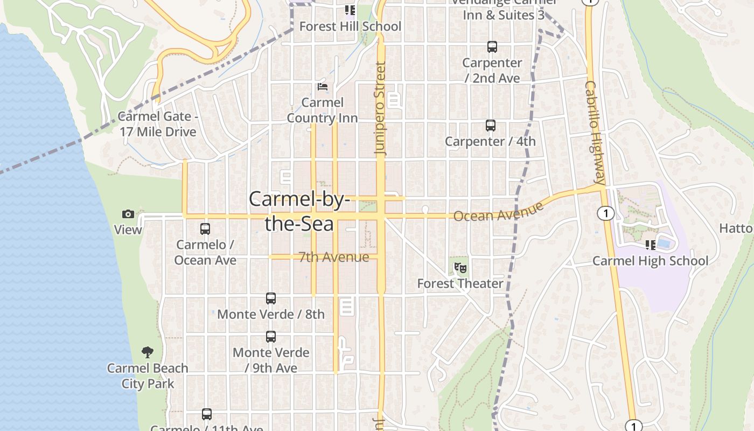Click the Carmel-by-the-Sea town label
click(299, 211)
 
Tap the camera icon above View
click(128, 214)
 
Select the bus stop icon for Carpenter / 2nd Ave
click(492, 47)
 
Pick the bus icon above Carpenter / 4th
click(491, 126)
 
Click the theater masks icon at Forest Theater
click(460, 267)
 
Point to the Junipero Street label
click(381, 109)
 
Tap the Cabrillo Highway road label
click(596, 133)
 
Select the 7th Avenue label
click(334, 257)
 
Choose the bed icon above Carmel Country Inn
click(323, 86)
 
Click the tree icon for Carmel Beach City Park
click(148, 353)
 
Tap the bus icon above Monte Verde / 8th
click(271, 298)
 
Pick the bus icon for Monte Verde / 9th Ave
click(271, 337)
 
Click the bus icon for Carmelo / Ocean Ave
click(205, 229)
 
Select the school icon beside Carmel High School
click(651, 245)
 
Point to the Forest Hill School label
click(350, 26)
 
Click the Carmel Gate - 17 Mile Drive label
click(157, 124)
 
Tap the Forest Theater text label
click(460, 283)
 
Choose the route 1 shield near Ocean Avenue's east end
click(606, 214)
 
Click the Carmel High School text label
click(650, 261)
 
